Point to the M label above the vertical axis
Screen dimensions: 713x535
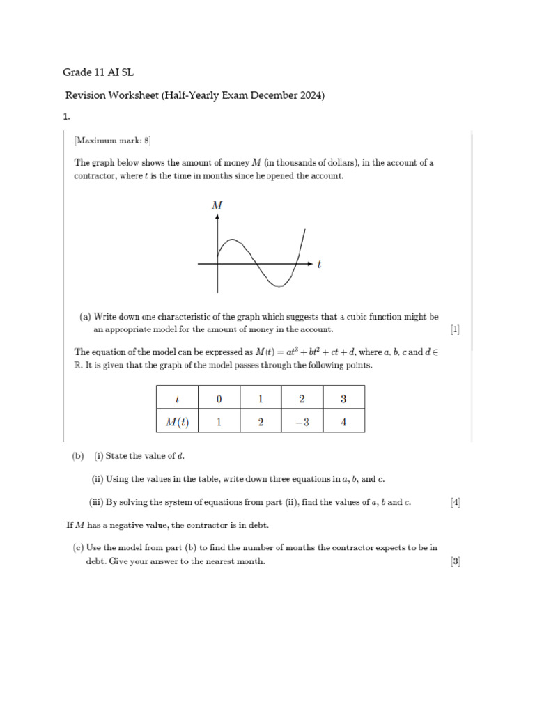point(217,205)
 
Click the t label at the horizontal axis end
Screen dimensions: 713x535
point(319,264)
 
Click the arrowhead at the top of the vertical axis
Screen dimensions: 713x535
point(217,217)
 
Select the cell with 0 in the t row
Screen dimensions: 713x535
point(219,399)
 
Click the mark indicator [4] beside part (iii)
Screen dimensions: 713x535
point(455,501)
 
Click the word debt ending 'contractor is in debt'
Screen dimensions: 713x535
point(255,525)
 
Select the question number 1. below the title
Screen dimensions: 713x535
point(67,118)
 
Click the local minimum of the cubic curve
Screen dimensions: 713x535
point(279,285)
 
